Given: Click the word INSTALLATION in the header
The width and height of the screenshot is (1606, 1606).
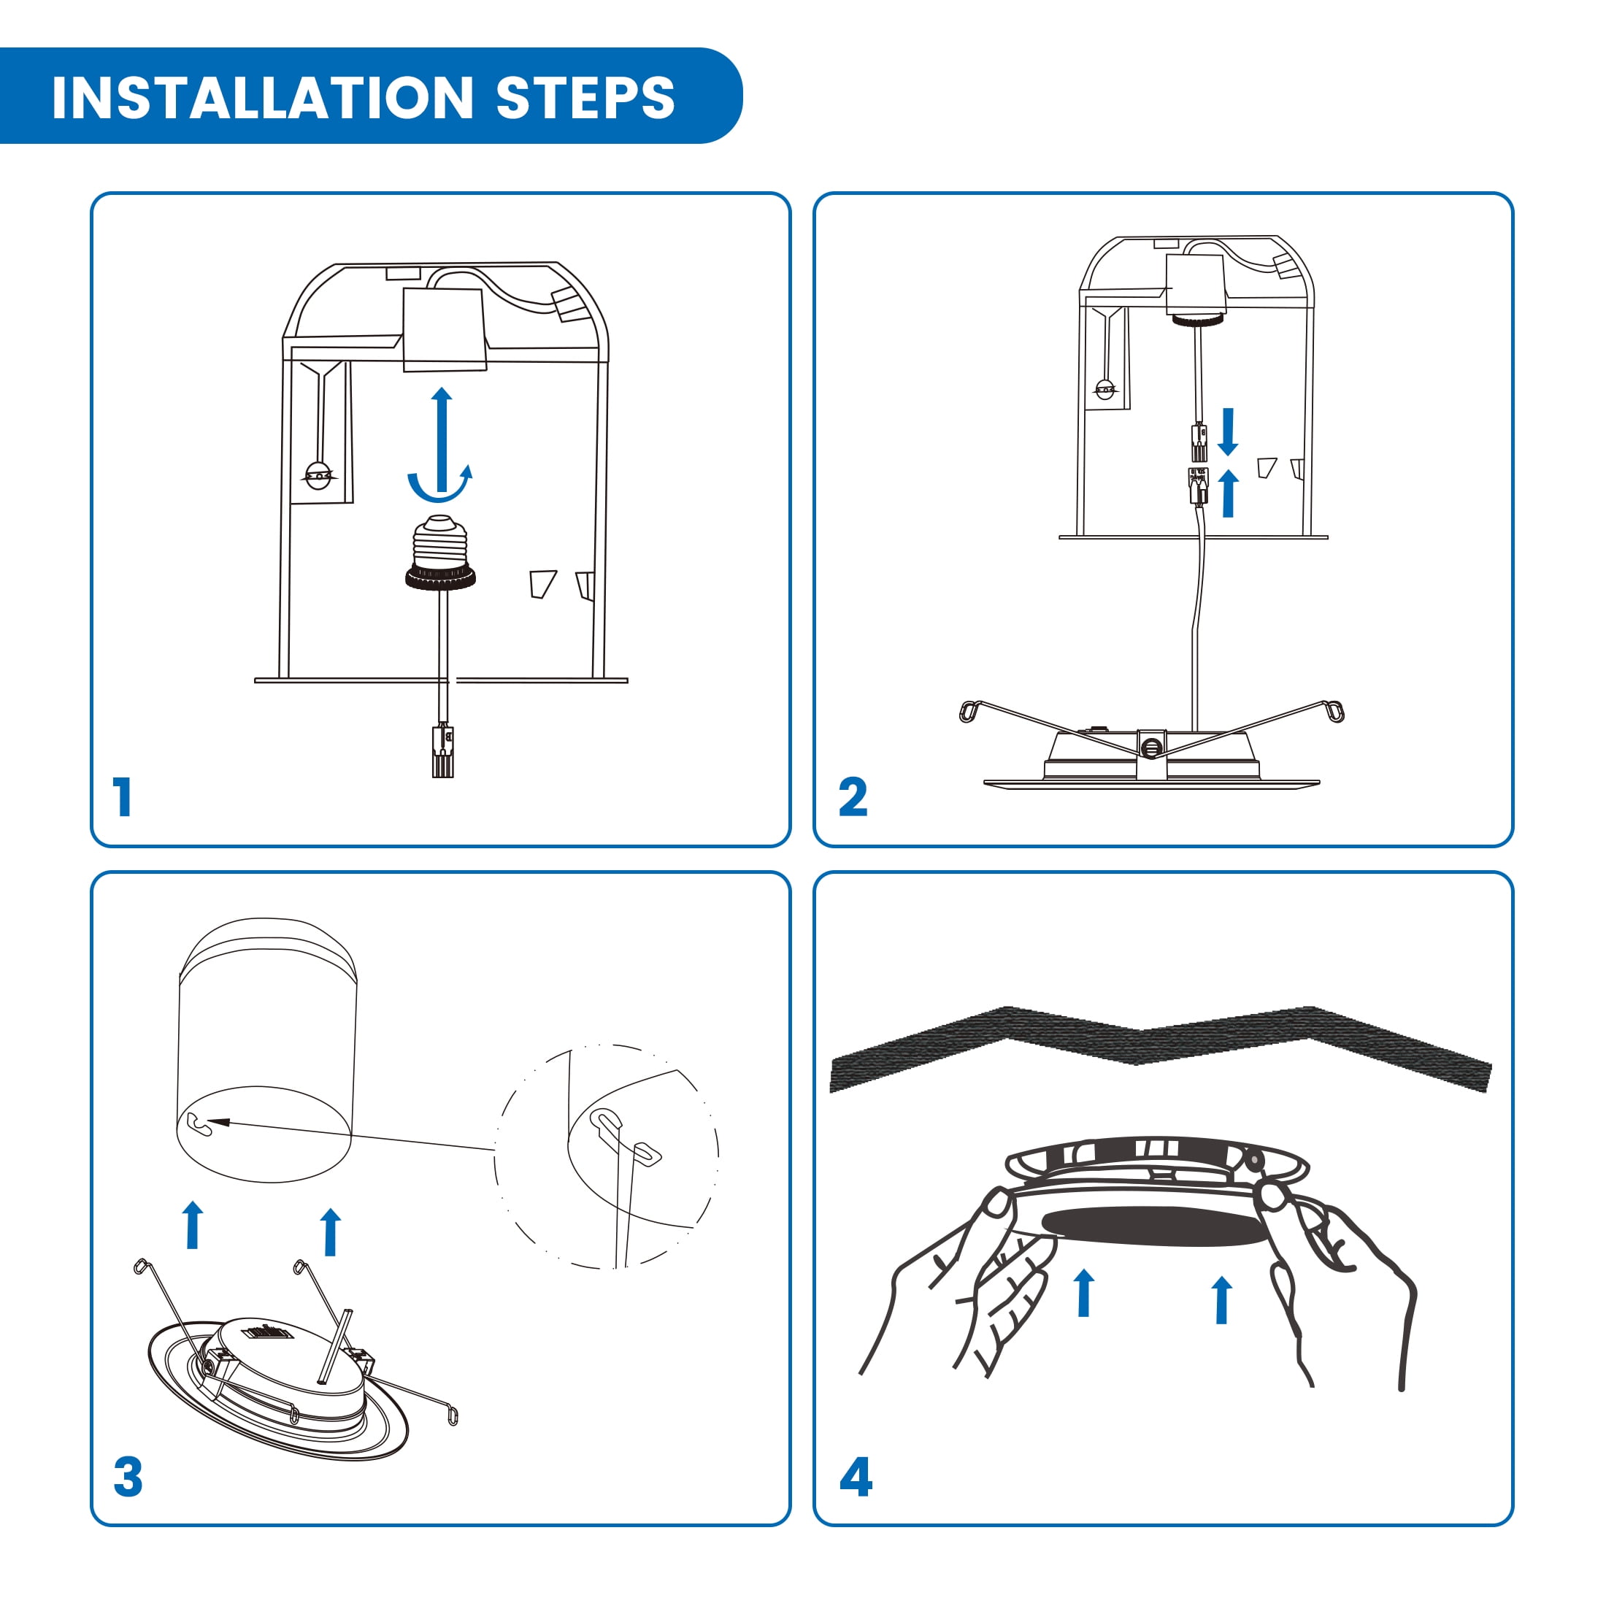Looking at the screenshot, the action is (x=263, y=97).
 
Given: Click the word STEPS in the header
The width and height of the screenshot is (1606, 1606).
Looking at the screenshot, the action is (x=585, y=97).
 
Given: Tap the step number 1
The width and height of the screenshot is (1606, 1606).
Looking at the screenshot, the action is (x=123, y=796).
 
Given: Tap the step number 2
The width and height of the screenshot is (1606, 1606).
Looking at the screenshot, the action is (x=853, y=796).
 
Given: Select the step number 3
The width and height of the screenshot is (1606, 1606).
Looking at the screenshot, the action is (x=128, y=1477).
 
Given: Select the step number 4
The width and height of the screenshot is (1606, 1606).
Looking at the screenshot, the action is (x=856, y=1477).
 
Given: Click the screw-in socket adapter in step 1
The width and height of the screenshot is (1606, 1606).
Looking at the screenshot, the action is (x=441, y=552).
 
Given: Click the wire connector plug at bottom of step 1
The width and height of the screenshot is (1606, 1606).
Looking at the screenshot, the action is (x=443, y=750).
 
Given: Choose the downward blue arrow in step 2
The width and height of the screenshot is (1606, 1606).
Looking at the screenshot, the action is (x=1228, y=431).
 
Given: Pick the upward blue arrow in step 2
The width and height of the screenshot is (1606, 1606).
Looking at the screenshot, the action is (x=1229, y=492).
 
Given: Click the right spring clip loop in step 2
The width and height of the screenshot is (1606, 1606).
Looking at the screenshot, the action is (x=1335, y=711).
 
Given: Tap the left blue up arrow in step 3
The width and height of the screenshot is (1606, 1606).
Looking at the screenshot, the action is (x=193, y=1224).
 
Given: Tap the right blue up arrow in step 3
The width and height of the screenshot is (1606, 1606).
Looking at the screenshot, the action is (x=331, y=1231).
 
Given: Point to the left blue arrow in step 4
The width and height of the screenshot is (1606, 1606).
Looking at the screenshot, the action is (x=1083, y=1293).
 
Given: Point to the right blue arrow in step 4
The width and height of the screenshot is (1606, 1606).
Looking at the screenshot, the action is (x=1221, y=1299).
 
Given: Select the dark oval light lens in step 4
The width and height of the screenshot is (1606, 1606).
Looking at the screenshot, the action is (x=1156, y=1227).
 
